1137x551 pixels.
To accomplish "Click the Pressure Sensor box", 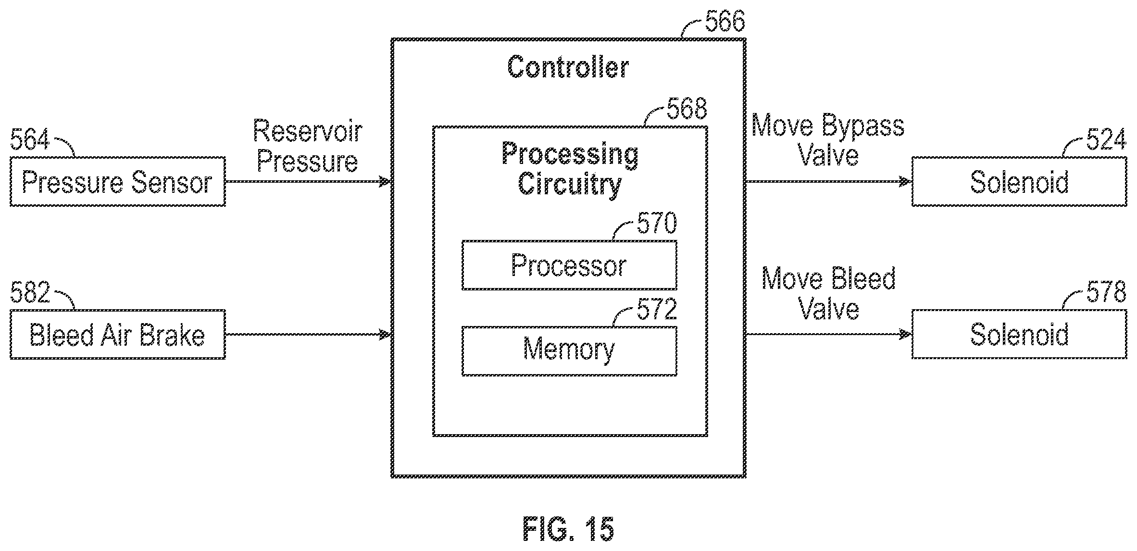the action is coord(118,182).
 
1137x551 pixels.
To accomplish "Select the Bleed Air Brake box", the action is coord(118,334).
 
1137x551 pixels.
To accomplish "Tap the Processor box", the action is coord(569,265).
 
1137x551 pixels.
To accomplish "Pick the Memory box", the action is coord(569,351).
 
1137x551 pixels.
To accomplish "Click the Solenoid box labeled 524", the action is coord(1019,182).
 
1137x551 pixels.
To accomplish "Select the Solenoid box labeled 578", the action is coord(1019,334).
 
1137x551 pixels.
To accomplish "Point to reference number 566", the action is coord(725,21).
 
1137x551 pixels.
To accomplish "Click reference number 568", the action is coord(687,109).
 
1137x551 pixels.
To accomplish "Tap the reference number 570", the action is coord(657,223).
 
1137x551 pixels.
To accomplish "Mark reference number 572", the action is coord(657,309).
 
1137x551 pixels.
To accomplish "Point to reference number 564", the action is coord(30,140).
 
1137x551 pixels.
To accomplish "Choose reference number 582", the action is coord(30,292).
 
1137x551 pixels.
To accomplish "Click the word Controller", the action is coord(568,67).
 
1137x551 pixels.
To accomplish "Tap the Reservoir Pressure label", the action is coord(308,146).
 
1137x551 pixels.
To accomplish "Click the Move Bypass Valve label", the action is coord(828,140).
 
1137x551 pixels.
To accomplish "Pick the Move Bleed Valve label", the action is coord(828,293).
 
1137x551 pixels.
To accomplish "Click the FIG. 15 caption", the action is coord(568,529).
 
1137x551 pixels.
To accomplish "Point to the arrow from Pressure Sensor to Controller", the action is coord(308,182).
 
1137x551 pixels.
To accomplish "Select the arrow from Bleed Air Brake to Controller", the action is coord(308,334).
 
